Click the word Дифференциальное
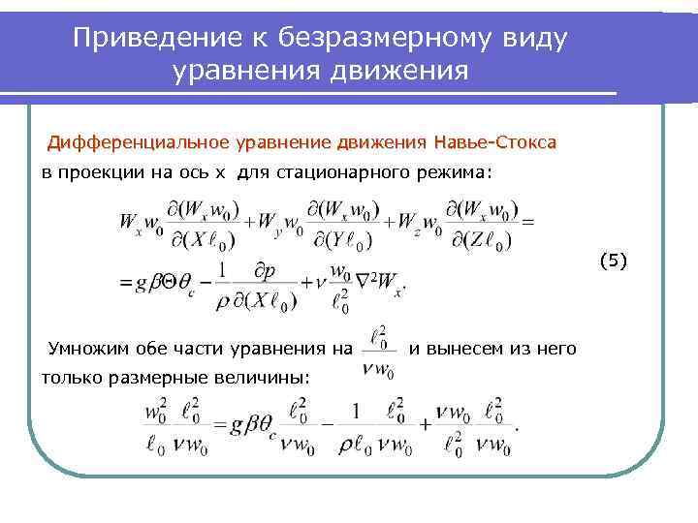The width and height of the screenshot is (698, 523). tap(139, 143)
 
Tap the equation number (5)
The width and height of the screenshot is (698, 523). tap(614, 259)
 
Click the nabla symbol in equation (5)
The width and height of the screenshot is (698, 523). tap(363, 283)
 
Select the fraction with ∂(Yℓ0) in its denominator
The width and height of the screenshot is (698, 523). tap(344, 225)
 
